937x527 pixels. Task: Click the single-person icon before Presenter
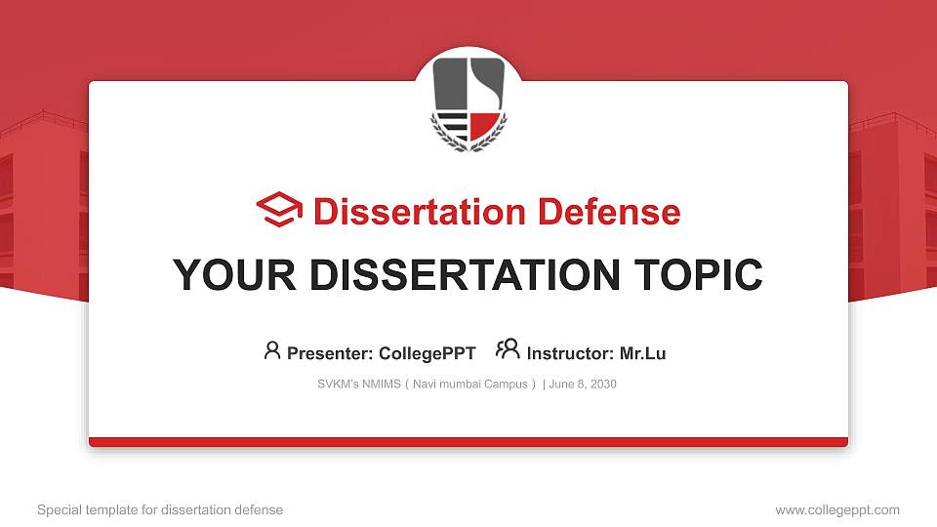272,350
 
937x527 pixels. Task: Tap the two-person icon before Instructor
508,350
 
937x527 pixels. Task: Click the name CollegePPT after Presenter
427,353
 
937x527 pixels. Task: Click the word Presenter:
330,353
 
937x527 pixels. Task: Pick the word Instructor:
570,353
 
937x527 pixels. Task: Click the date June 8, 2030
583,385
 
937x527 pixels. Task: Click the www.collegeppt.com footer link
836,509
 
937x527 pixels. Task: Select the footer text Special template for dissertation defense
159,509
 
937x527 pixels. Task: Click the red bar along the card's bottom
468,442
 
